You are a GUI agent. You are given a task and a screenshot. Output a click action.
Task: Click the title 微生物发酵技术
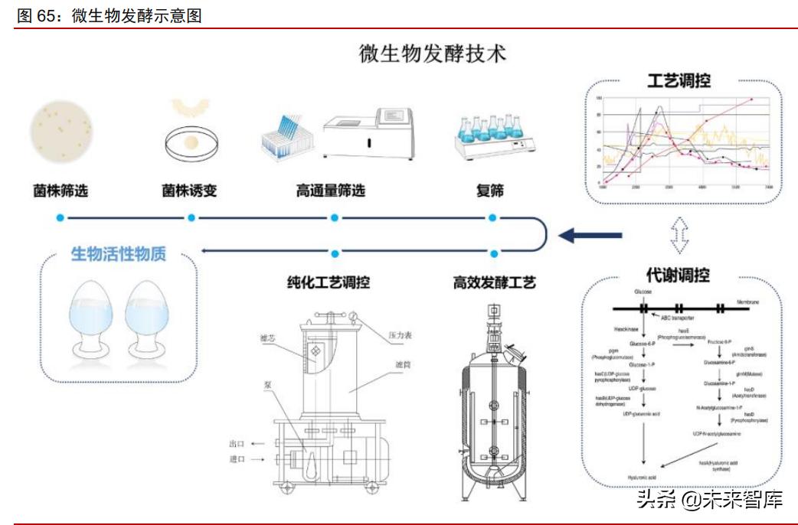pyautogui.click(x=433, y=54)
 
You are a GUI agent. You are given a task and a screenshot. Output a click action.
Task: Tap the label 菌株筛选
pyautogui.click(x=60, y=191)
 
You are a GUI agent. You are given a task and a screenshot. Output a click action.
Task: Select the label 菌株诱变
pyautogui.click(x=190, y=191)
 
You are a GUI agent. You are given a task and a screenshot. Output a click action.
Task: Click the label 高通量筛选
pyautogui.click(x=331, y=191)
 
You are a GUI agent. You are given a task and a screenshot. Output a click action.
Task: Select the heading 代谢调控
pyautogui.click(x=678, y=275)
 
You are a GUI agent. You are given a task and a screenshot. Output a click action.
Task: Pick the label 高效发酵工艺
pyautogui.click(x=494, y=282)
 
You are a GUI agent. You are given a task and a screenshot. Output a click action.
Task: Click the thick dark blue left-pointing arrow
pyautogui.click(x=580, y=236)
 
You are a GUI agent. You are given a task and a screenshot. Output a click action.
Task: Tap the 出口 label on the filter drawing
pyautogui.click(x=237, y=444)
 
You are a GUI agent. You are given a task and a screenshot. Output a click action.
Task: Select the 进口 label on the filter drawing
pyautogui.click(x=237, y=459)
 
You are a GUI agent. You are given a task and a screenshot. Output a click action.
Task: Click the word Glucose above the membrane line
pyautogui.click(x=643, y=292)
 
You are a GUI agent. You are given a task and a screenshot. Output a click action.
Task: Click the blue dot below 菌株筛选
pyautogui.click(x=60, y=218)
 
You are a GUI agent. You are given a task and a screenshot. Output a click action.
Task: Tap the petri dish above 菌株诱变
pyautogui.click(x=191, y=141)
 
